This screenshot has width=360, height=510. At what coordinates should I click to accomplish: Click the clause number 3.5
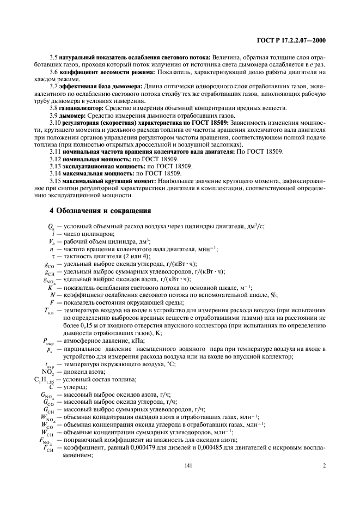53,58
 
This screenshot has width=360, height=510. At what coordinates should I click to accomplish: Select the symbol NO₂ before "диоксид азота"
49,371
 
